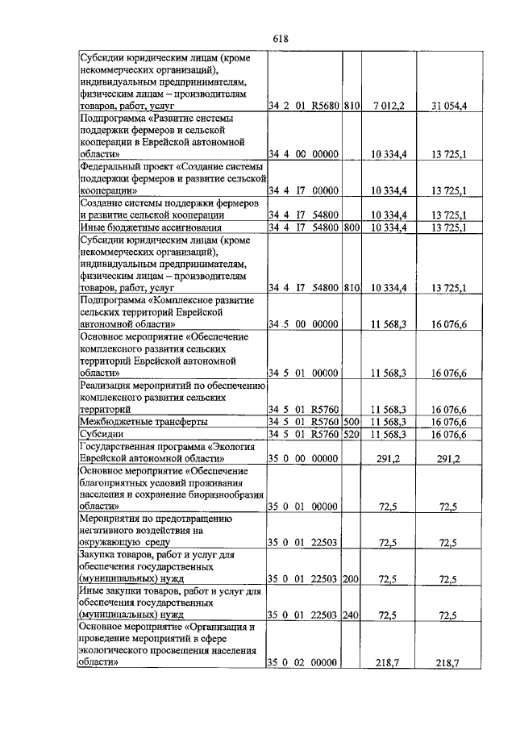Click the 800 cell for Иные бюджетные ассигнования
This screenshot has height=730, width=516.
point(351,227)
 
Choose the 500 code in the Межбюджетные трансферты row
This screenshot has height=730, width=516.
point(351,422)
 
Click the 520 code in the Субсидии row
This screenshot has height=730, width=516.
point(351,435)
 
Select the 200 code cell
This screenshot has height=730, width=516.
point(351,579)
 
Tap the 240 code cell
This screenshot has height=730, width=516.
point(351,615)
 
